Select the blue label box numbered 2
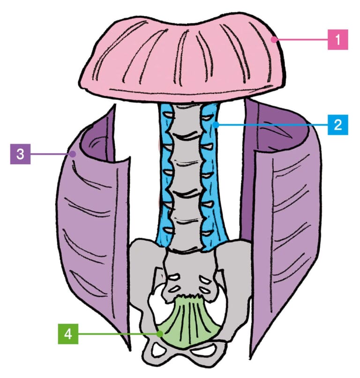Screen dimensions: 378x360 [337, 125]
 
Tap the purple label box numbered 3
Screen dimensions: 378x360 [20, 153]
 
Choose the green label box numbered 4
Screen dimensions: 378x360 [67, 333]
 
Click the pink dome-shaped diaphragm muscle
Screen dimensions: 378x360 [180, 61]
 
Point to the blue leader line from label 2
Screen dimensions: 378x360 [272, 125]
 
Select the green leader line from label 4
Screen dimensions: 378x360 [117, 333]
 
